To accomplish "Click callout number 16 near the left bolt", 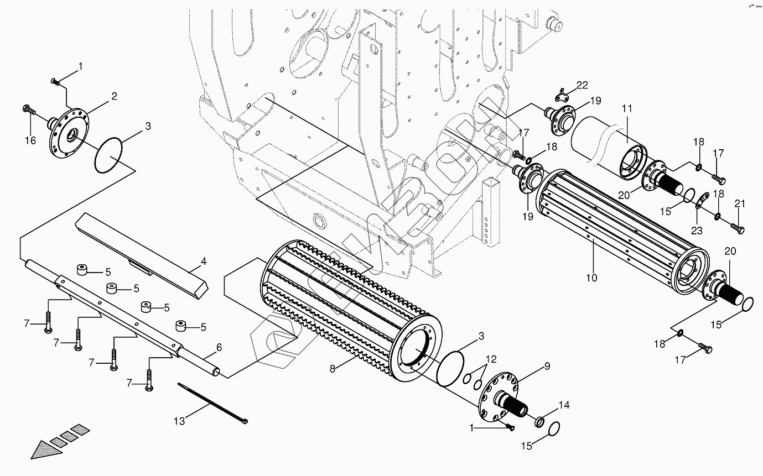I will tap(30, 141).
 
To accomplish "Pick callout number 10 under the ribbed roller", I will tap(591, 278).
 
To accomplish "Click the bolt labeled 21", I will tap(738, 228).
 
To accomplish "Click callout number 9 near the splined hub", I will tap(547, 365).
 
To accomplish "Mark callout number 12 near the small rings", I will tap(491, 359).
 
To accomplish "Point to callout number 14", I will tap(563, 405).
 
